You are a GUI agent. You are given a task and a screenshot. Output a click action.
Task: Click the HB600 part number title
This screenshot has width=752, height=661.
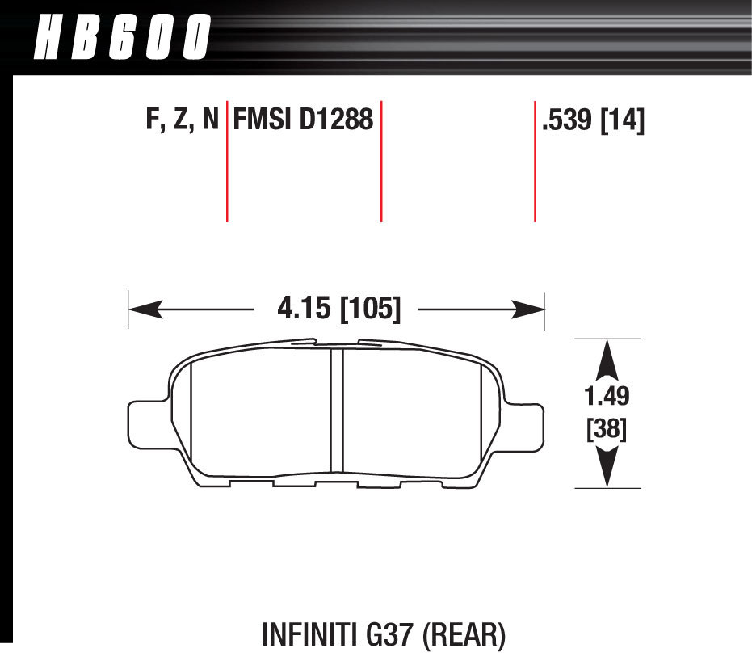pos(122,37)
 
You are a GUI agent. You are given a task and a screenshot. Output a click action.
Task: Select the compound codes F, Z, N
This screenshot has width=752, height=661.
pos(183,119)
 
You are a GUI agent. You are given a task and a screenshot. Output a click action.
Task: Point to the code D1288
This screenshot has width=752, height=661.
pos(336,119)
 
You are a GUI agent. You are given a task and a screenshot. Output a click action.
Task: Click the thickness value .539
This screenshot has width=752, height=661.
pos(566,120)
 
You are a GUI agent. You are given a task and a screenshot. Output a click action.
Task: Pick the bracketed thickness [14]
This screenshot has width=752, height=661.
pos(623,120)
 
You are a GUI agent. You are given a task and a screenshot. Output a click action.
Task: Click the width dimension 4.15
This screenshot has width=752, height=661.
pos(304,308)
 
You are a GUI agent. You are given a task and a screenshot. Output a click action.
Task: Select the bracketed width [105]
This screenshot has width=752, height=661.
pos(370,309)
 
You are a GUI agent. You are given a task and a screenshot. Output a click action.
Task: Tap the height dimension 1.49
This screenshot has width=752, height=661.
pos(607,396)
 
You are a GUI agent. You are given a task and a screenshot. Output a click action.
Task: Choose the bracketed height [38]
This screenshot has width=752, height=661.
pos(607,428)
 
